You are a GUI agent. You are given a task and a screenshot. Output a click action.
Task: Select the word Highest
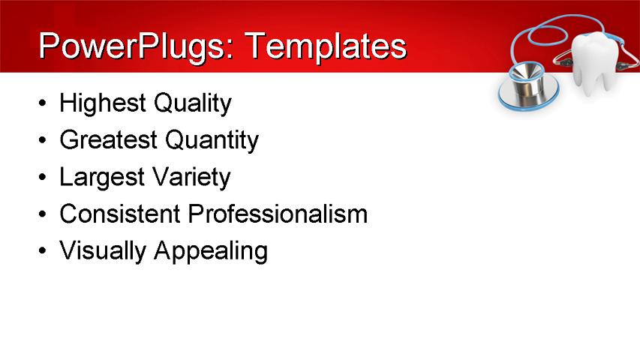103,103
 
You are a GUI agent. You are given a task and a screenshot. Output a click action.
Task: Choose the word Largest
102,178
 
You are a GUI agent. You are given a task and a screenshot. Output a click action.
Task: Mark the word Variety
191,178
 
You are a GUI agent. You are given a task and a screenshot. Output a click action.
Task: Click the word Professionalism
278,214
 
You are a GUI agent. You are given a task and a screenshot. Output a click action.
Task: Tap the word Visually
103,251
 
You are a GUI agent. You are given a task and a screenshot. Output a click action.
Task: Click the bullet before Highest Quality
43,104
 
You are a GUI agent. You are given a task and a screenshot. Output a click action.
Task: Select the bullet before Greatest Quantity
43,141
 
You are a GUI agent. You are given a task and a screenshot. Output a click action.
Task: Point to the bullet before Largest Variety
43,178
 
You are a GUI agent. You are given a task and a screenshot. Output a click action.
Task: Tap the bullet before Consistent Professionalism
43,215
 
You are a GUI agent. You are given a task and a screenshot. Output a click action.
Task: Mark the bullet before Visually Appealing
43,252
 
